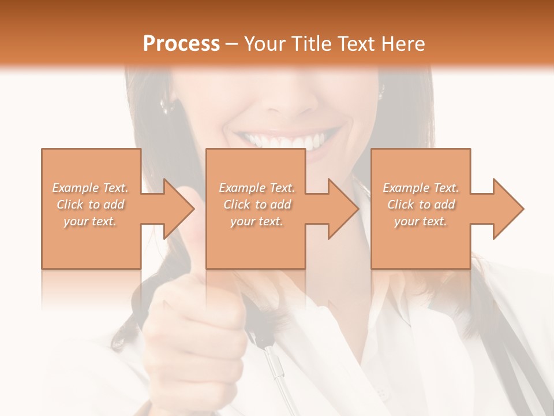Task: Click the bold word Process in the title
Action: (x=181, y=44)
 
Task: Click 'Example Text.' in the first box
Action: (x=91, y=188)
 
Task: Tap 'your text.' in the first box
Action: (x=91, y=221)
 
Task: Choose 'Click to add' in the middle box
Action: (x=257, y=205)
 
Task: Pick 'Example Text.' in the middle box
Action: (x=257, y=188)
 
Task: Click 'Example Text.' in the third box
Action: (x=421, y=188)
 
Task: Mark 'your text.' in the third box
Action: (x=421, y=221)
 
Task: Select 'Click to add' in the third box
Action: (x=421, y=205)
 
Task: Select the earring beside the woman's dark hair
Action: (x=165, y=104)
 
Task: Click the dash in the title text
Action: (x=232, y=44)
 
